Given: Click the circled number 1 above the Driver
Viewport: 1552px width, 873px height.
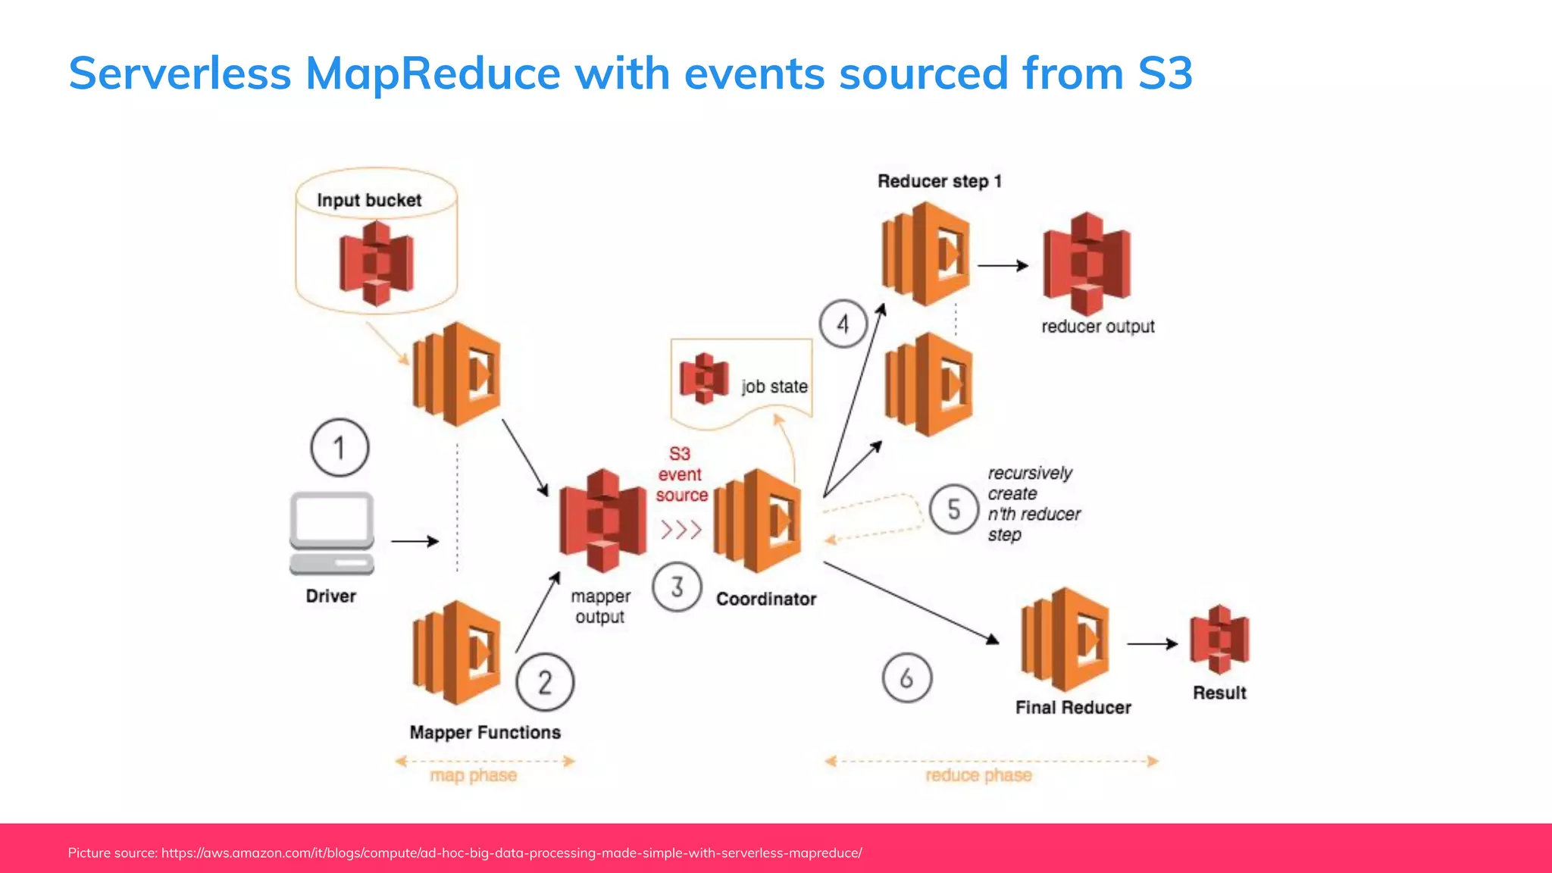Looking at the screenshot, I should tap(339, 448).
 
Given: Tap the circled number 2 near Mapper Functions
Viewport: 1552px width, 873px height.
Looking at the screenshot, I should tap(545, 682).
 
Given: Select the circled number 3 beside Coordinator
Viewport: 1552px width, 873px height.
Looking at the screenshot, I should tap(677, 587).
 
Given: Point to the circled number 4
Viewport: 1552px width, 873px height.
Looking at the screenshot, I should tap(843, 324).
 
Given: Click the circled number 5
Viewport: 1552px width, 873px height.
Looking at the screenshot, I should tap(953, 509).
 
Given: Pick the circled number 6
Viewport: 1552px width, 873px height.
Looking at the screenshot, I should tap(906, 678).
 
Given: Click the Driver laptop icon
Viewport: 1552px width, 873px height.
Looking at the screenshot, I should tap(332, 533).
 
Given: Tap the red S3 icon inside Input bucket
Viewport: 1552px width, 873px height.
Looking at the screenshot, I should tap(376, 263).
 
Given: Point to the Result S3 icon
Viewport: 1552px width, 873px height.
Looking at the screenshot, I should tap(1219, 640).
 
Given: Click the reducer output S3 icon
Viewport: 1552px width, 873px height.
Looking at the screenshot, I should tap(1087, 264).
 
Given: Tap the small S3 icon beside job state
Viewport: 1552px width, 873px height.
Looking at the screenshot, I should tap(704, 377).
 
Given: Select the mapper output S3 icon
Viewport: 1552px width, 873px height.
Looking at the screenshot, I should tap(602, 521).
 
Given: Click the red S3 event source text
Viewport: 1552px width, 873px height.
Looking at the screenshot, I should tap(681, 474).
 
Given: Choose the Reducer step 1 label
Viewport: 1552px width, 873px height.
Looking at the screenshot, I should tap(939, 181).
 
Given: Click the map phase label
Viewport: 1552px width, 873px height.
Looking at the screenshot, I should tap(474, 775).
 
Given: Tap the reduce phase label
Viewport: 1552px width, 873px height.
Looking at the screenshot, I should tap(978, 775).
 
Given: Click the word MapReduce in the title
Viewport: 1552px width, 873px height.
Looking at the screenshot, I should tap(432, 74).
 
